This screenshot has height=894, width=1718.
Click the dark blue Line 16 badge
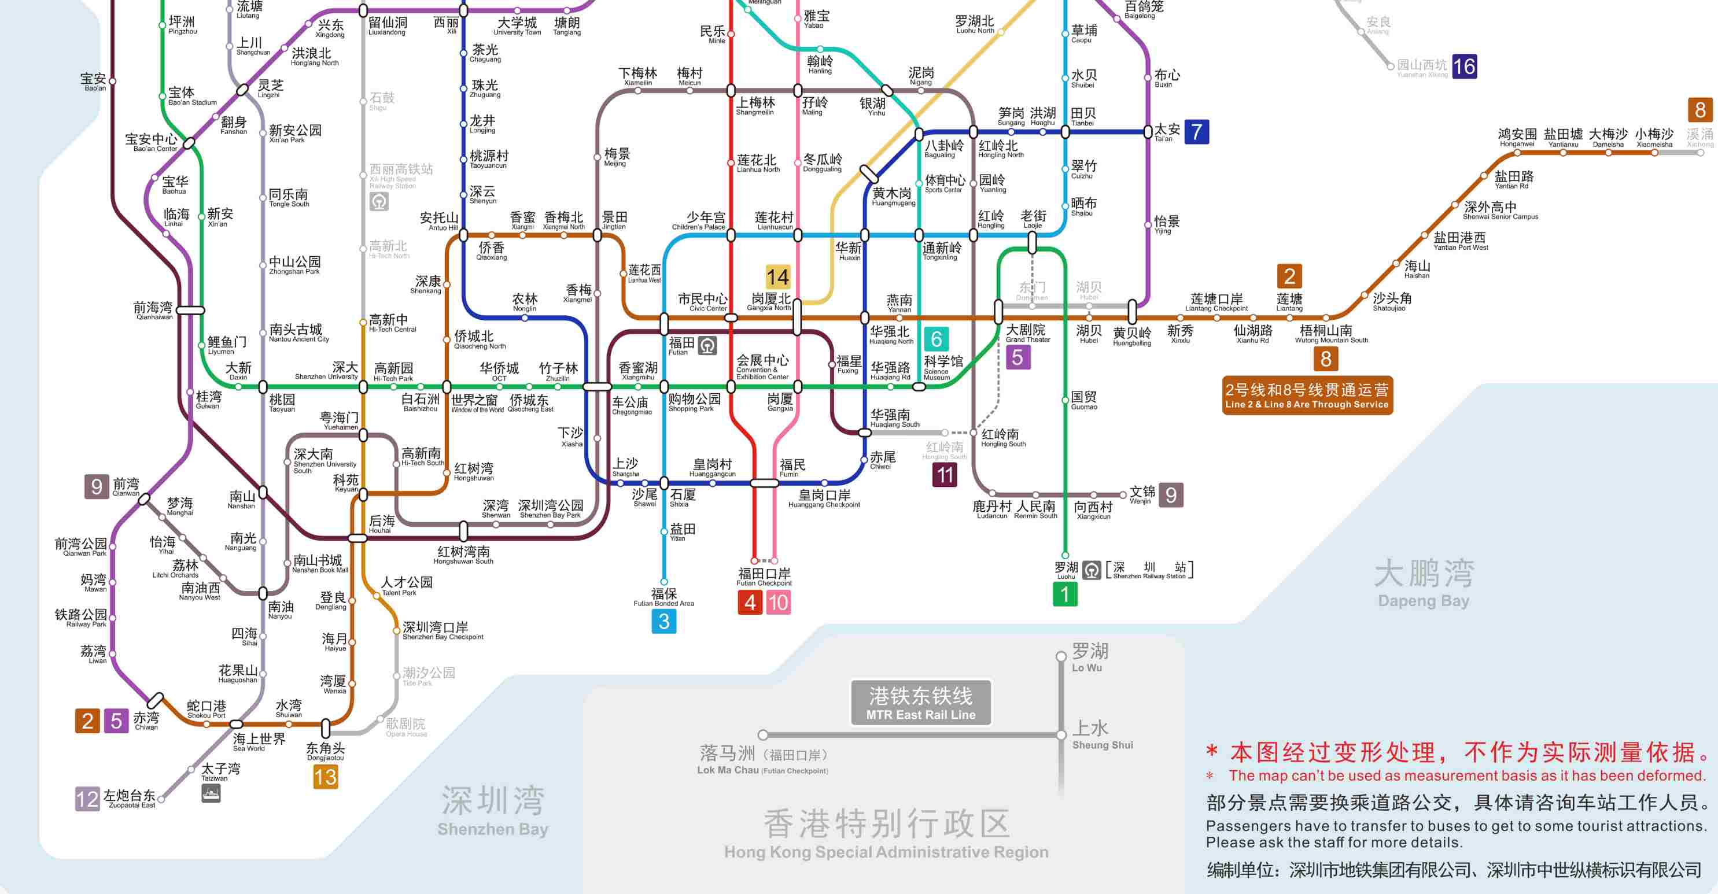click(1464, 67)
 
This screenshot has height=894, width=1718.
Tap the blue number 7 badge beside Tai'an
click(1196, 131)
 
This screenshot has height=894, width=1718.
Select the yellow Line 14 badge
click(777, 276)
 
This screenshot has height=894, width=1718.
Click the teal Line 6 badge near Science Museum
click(937, 339)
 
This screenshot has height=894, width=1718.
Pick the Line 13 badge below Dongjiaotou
click(326, 777)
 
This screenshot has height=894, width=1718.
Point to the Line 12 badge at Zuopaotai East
click(87, 799)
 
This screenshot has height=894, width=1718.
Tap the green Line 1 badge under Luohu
click(1064, 594)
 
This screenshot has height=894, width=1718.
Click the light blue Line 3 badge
click(663, 621)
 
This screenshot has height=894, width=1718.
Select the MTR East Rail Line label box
click(920, 703)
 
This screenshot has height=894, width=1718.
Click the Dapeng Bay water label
click(1424, 583)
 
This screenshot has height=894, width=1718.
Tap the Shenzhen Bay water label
click(493, 810)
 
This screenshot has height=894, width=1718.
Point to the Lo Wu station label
click(1089, 657)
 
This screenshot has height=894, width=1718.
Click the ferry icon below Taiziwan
click(211, 793)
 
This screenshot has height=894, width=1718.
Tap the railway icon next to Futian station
click(707, 345)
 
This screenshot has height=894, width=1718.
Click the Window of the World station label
click(475, 403)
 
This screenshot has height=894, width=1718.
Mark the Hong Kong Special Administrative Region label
click(886, 833)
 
